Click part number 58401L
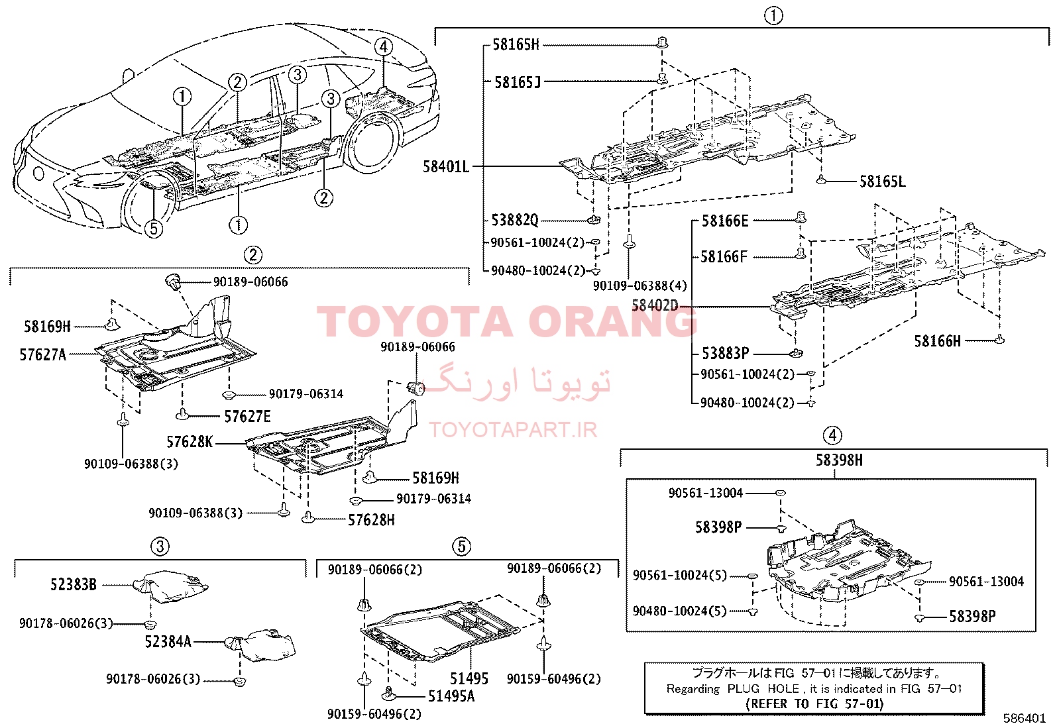tap(445, 167)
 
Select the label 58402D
tap(655, 305)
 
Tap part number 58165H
tap(516, 45)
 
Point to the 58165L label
tap(882, 182)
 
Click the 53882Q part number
tap(515, 220)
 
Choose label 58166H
tap(937, 341)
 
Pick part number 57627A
tap(43, 354)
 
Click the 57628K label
tap(190, 442)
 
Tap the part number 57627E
tap(247, 417)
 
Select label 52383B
tap(74, 584)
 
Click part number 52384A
tap(168, 641)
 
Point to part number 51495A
tap(451, 696)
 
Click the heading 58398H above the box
tap(839, 460)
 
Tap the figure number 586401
tap(1024, 719)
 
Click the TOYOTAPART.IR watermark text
tap(513, 430)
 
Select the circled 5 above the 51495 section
tap(461, 546)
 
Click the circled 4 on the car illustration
tap(384, 46)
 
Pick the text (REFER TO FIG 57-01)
tap(814, 703)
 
